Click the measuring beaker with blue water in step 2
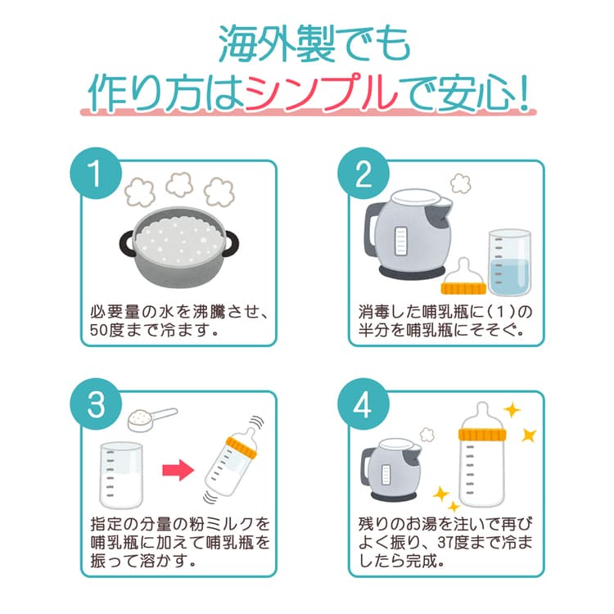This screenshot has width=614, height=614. click(509, 262)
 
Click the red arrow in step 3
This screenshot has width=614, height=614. click(178, 470)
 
